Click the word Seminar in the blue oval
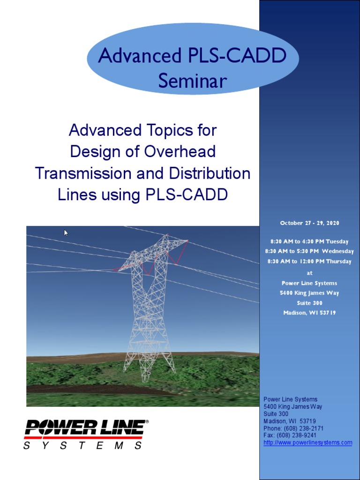pos(193,81)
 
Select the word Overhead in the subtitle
pos(180,151)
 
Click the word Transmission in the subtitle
pos(82,173)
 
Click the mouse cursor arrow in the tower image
pos(67,232)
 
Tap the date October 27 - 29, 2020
pos(309,223)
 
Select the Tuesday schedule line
pos(309,242)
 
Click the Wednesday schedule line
pos(309,252)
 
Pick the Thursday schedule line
pos(309,262)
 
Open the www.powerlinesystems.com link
pos(307,442)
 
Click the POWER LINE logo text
pos(84,427)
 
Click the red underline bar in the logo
pos(84,438)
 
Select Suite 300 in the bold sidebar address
pos(309,303)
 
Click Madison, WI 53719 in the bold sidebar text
pos(309,313)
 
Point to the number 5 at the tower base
pos(149,372)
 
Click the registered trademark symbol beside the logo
pos(147,422)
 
